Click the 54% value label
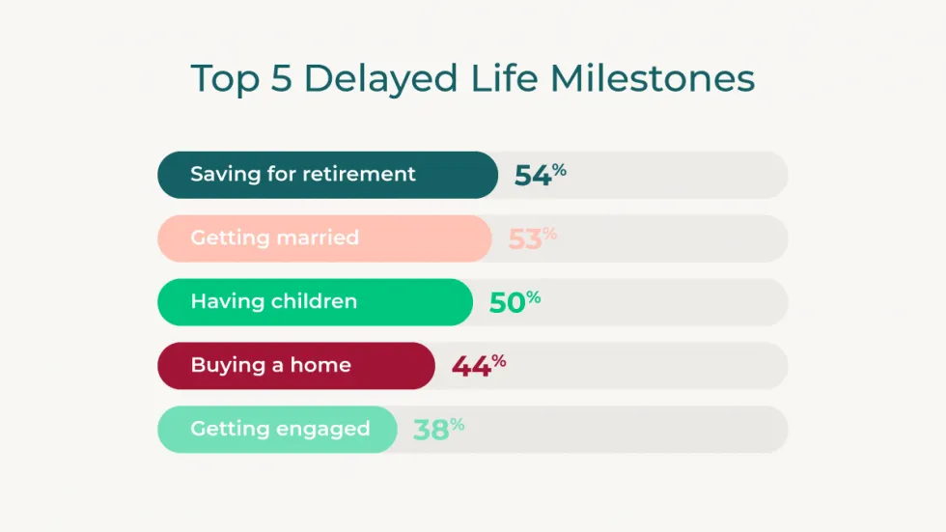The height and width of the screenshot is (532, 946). coord(540,175)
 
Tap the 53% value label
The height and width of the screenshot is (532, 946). coord(532,238)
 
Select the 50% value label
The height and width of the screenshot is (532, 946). coord(515,302)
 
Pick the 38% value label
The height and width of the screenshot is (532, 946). coord(438,430)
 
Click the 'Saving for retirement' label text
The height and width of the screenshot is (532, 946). coord(303,175)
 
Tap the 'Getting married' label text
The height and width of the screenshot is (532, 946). coord(274,238)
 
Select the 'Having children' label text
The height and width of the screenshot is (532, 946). coord(273,302)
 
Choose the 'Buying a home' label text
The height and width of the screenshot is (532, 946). coord(270,366)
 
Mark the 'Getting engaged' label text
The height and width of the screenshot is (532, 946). coord(280,430)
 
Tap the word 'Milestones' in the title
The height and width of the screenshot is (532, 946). coord(653,79)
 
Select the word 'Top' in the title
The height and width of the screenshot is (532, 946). coord(225,79)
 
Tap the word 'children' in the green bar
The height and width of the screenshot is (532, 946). coord(314,302)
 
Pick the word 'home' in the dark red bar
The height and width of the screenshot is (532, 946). coord(322,366)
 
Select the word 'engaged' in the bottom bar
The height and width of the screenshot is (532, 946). coord(323,430)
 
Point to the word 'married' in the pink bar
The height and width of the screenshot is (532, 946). coord(317,238)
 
